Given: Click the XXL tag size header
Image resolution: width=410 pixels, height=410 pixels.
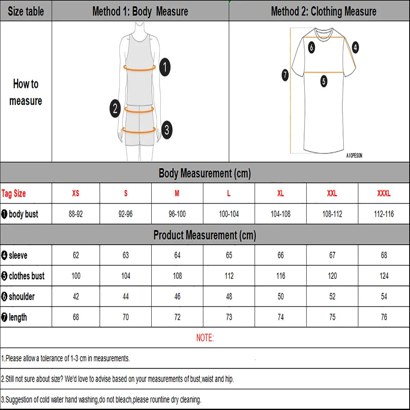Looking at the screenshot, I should click(332, 194).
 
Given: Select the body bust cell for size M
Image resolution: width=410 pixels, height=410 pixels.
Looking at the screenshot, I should click(177, 214).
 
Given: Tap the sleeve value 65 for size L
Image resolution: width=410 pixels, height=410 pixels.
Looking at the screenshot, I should click(229, 255).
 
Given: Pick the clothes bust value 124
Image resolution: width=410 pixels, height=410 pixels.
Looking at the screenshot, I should click(384, 276).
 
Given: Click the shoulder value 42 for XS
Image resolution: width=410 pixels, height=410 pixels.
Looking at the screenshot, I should click(76, 296).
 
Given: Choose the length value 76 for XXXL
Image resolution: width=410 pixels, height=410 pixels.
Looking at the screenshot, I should click(384, 317).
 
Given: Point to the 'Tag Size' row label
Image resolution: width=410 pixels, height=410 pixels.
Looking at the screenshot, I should click(14, 194).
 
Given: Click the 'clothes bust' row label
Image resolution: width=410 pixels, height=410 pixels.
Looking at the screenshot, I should click(23, 276).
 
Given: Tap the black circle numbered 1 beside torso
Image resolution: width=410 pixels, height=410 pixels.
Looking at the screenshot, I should click(164, 67).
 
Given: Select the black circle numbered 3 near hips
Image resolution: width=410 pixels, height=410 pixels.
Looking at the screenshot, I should click(166, 130).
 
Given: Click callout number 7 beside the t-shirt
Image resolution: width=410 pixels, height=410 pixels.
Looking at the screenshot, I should click(285, 75).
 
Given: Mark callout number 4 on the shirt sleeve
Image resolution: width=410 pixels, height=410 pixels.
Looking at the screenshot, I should click(355, 47).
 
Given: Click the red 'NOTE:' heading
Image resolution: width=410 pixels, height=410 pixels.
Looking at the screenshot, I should click(205, 338).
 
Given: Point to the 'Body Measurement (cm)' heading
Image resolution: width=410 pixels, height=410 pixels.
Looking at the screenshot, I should click(205, 173).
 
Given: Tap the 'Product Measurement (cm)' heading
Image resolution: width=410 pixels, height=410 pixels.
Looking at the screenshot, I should click(205, 235).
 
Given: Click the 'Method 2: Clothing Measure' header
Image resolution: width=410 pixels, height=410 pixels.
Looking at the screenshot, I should click(323, 11).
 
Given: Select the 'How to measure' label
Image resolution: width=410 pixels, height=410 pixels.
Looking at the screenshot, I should click(25, 92).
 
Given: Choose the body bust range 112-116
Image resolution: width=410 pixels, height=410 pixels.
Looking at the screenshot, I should click(384, 214).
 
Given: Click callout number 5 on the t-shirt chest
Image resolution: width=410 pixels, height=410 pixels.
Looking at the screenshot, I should click(324, 81).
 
